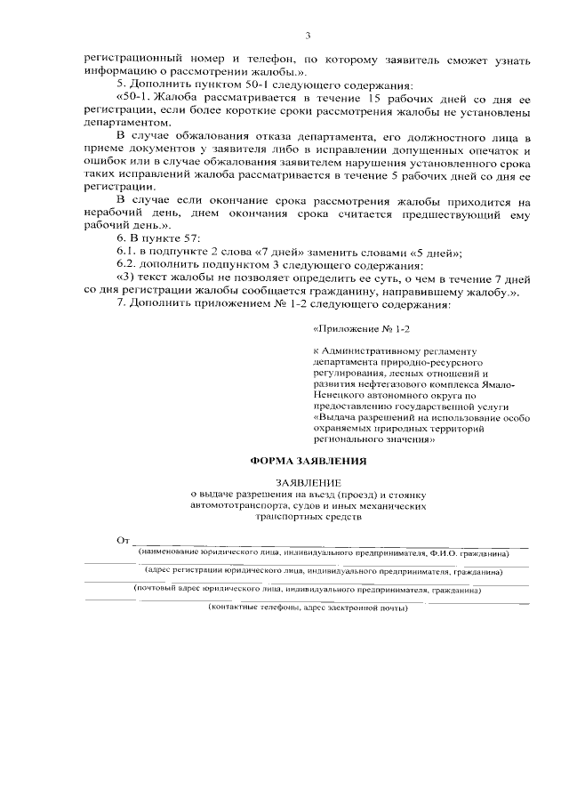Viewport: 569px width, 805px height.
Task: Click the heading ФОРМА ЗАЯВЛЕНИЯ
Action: click(306, 461)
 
